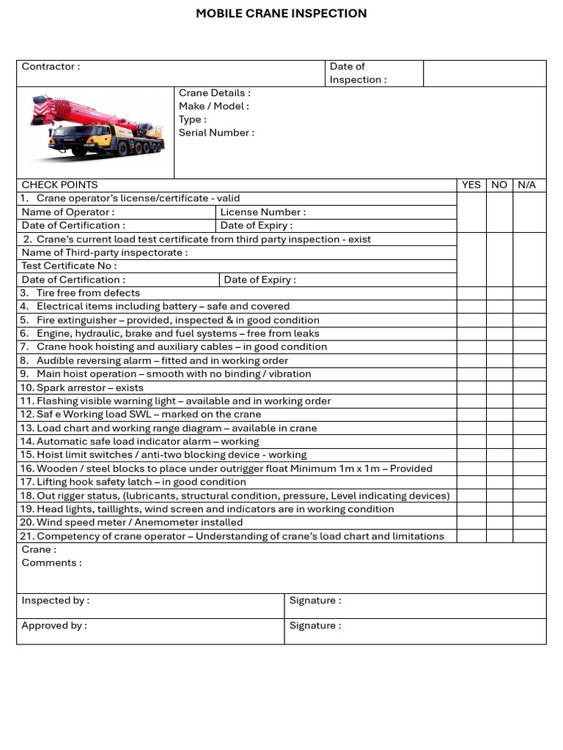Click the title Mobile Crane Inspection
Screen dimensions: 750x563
(281, 13)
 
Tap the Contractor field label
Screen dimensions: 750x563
(51, 67)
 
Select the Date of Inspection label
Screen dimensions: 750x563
(358, 73)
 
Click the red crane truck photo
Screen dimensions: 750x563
(96, 128)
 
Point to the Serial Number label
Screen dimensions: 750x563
(216, 133)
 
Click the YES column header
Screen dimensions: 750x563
(471, 185)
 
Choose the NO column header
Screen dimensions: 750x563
(499, 185)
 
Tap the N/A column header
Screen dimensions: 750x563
(526, 185)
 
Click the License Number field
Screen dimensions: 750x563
(263, 212)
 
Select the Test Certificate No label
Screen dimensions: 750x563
(69, 266)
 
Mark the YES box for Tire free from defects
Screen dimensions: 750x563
(471, 293)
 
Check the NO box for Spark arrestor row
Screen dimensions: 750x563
(499, 387)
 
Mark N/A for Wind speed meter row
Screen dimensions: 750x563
(529, 522)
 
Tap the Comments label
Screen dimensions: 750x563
(51, 562)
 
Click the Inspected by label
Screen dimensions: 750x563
(56, 601)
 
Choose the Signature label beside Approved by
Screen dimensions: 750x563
(315, 625)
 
